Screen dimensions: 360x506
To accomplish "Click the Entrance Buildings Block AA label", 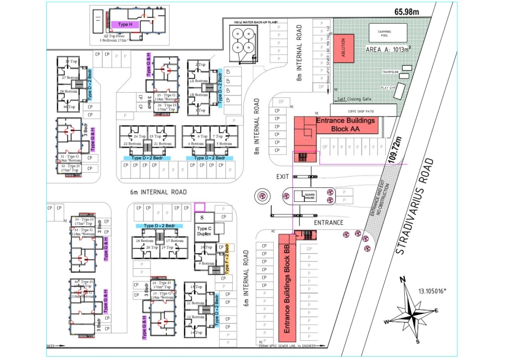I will pyautogui.click(x=346, y=124).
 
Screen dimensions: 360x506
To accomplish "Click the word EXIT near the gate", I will pyautogui.click(x=283, y=177).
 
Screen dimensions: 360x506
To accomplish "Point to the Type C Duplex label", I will pyautogui.click(x=204, y=232).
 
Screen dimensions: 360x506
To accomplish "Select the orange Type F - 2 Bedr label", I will pyautogui.click(x=227, y=259).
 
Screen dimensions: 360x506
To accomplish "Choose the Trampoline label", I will pyautogui.click(x=390, y=73).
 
